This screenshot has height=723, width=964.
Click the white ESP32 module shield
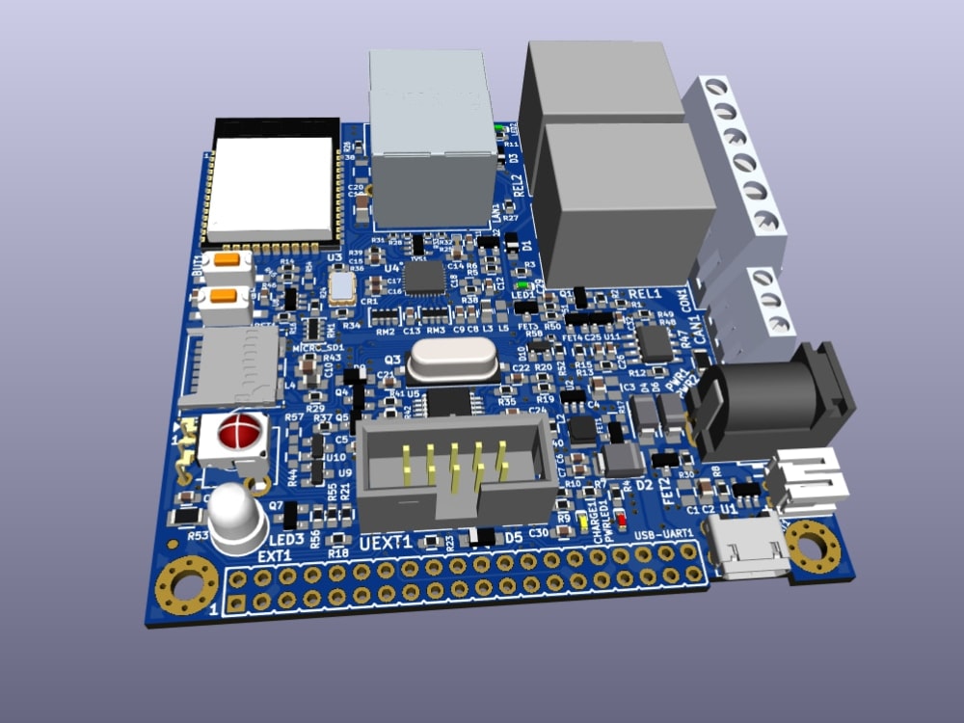tap(272, 188)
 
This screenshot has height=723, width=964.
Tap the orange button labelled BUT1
tap(228, 259)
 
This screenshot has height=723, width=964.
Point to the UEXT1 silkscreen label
tap(386, 543)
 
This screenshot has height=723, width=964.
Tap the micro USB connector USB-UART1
tap(747, 545)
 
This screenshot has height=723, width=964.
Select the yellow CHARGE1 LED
tap(584, 523)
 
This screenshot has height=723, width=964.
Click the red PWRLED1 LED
tap(621, 522)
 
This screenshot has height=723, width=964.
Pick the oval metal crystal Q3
tap(452, 361)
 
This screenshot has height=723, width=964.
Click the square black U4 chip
tap(424, 278)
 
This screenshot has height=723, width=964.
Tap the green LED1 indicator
tap(522, 285)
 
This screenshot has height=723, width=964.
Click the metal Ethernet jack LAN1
tap(432, 135)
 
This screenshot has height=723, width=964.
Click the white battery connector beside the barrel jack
tap(808, 477)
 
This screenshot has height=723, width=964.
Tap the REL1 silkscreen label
tap(644, 293)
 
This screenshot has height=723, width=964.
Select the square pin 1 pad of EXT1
tap(234, 604)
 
